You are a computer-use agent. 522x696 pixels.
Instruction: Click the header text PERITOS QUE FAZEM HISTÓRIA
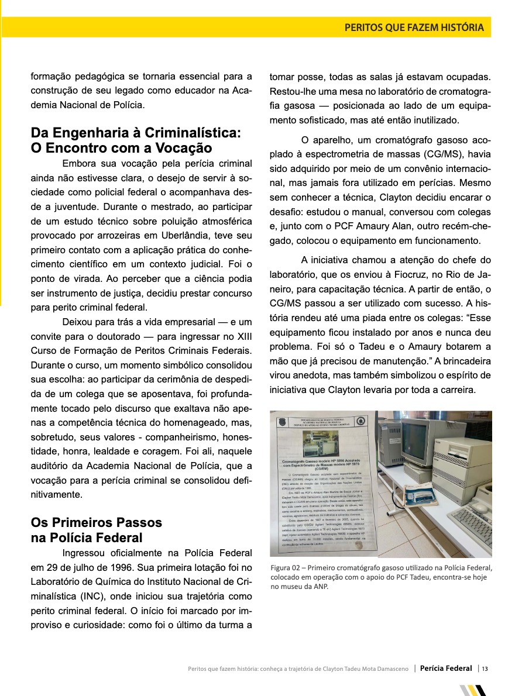point(414,27)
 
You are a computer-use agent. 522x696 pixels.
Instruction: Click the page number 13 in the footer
point(485,669)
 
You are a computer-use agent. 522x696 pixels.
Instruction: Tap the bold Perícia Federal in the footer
point(446,669)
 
